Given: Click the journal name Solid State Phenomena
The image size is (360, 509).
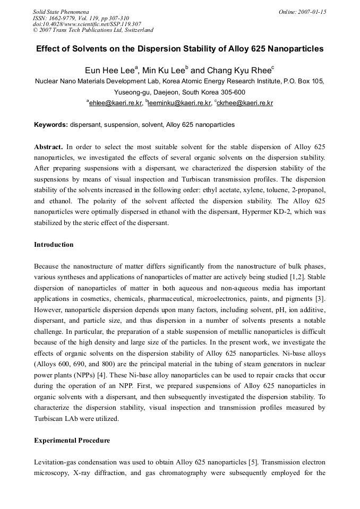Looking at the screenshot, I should pyautogui.click(x=61, y=12).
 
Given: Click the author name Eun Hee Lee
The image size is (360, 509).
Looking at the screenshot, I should pyautogui.click(x=109, y=71).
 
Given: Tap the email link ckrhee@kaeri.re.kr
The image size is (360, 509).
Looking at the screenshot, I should pyautogui.click(x=245, y=103).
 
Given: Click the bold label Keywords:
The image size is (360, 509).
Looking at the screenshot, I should pyautogui.click(x=51, y=125).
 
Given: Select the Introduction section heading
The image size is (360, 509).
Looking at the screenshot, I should pyautogui.click(x=54, y=245).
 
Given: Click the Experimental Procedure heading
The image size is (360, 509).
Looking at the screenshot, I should pyautogui.click(x=72, y=441).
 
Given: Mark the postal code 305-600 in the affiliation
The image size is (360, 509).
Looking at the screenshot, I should pyautogui.click(x=232, y=92).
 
